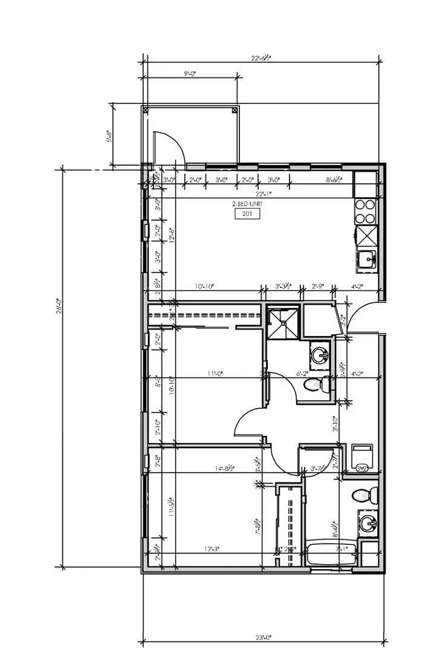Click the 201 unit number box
[247, 213]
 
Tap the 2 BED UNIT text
[248, 204]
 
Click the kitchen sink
[366, 259]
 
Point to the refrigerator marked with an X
[366, 234]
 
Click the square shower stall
[282, 323]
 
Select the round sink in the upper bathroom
[318, 353]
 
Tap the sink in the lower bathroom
[366, 522]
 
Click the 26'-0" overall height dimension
[57, 308]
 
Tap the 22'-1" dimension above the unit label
[263, 194]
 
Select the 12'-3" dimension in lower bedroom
[212, 549]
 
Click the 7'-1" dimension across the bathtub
[343, 549]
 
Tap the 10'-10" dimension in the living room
[204, 287]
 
